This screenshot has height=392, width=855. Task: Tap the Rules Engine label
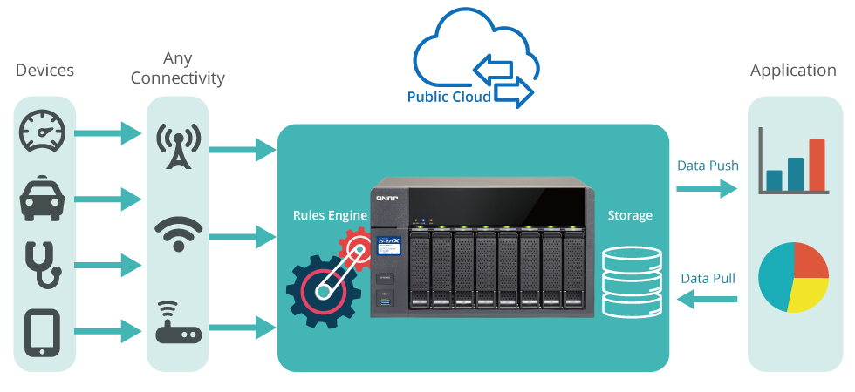point(330,213)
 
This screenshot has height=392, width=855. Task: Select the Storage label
point(629,213)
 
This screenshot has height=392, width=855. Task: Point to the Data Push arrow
point(707,189)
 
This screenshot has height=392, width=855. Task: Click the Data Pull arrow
point(707,301)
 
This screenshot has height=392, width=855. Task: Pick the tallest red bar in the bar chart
point(817,165)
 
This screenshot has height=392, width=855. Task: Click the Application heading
point(793,71)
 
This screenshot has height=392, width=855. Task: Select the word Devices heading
point(44,71)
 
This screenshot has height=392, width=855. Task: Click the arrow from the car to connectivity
point(109,199)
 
